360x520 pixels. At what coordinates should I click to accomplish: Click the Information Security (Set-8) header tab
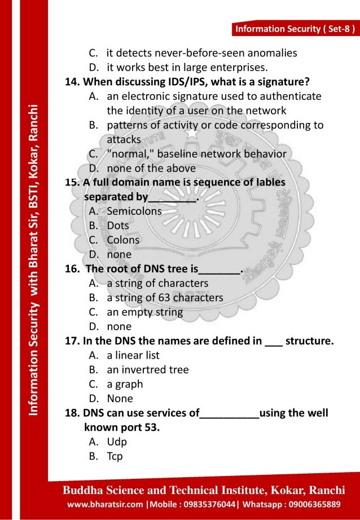point(295,29)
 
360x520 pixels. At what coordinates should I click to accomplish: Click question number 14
point(72,82)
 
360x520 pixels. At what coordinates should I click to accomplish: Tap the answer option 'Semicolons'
point(134,211)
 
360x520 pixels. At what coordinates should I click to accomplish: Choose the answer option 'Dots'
point(117,226)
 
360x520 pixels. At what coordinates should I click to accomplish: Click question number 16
point(73,269)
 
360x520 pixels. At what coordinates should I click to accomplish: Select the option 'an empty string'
point(144,312)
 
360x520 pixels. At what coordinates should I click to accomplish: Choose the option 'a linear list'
point(133,355)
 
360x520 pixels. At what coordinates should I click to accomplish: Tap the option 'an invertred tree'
point(147,370)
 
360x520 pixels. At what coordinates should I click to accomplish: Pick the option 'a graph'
point(125,384)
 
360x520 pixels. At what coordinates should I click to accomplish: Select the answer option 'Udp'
point(117,442)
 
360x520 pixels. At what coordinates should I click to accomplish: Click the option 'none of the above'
point(151,168)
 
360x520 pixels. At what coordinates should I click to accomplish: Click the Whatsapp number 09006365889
point(309,503)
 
